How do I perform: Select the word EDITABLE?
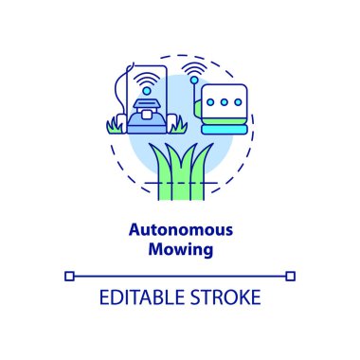pos(137,296)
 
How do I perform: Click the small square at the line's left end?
pos(69,276)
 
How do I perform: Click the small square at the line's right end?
pos(291,276)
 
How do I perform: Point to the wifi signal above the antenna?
pos(194,70)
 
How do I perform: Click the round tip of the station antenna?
pos(194,84)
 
